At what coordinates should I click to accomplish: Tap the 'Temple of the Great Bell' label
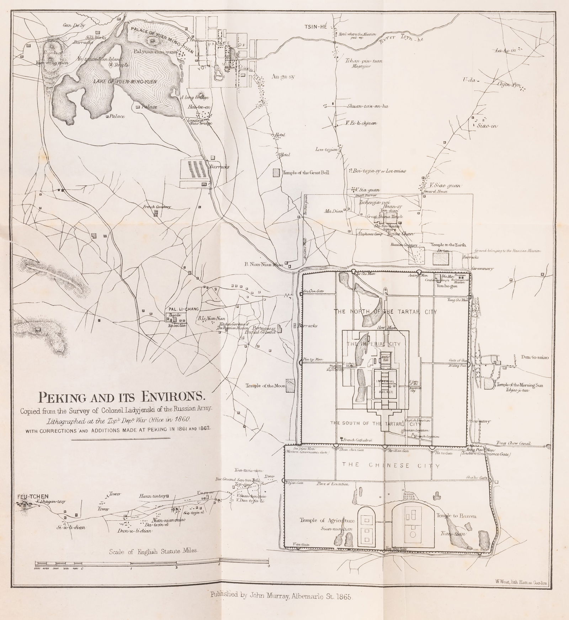pos(306,173)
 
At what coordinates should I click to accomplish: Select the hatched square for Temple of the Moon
pos(291,386)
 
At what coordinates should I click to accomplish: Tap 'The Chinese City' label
pos(390,466)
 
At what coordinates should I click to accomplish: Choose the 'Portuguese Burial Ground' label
pos(262,330)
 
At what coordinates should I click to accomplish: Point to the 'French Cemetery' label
pos(157,207)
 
